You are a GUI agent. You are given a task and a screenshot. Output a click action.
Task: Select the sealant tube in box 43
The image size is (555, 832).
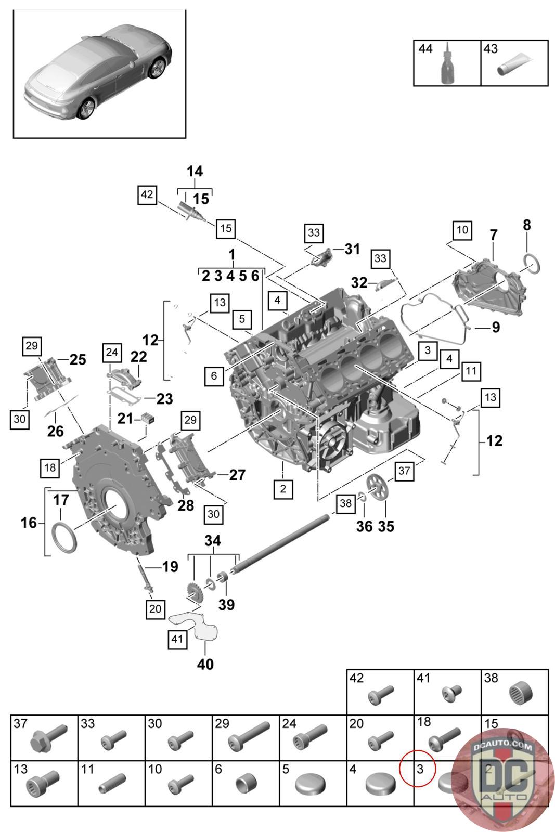514,66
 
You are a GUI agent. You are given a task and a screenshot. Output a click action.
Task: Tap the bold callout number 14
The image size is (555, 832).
195,171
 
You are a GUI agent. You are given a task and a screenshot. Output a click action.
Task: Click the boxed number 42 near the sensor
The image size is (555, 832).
147,194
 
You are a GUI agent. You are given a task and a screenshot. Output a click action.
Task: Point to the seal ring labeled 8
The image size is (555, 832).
532,263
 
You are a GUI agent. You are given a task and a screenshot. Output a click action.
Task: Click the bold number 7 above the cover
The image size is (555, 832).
493,235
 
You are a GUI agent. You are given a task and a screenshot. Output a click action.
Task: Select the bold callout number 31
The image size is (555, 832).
352,249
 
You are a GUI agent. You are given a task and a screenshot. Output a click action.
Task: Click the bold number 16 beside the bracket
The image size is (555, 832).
29,523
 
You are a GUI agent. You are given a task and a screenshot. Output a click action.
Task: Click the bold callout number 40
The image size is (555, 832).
205,664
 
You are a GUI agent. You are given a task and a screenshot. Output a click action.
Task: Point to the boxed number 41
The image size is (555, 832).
177,639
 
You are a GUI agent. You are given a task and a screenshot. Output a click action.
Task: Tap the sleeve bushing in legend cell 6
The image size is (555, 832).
246,782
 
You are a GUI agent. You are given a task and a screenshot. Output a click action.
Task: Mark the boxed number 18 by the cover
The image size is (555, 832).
50,467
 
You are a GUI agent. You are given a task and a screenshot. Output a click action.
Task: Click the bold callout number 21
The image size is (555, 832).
125,419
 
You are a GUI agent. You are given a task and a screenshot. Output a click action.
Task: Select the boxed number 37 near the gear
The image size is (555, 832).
404,471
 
